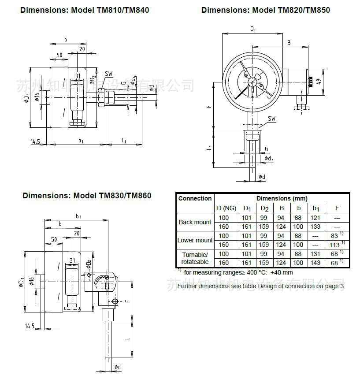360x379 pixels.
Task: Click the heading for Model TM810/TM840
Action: (x=85, y=10)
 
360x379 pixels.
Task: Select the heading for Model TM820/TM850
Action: (x=265, y=10)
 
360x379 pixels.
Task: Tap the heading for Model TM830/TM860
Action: (x=87, y=195)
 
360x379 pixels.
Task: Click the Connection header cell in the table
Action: (x=195, y=198)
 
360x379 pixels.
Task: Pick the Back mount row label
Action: (x=195, y=222)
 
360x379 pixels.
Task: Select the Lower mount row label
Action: (x=195, y=240)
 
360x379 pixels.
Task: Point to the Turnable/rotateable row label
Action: (x=195, y=258)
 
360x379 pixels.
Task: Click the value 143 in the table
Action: (x=316, y=263)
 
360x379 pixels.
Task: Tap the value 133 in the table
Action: (x=316, y=227)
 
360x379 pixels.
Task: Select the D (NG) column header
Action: (x=226, y=208)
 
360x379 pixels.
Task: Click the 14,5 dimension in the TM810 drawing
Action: (x=36, y=141)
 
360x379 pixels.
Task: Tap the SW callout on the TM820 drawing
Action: (x=272, y=119)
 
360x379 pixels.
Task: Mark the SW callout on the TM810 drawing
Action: (x=108, y=74)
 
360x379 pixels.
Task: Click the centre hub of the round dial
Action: (x=252, y=81)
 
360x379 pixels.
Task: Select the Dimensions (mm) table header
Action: (x=282, y=198)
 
